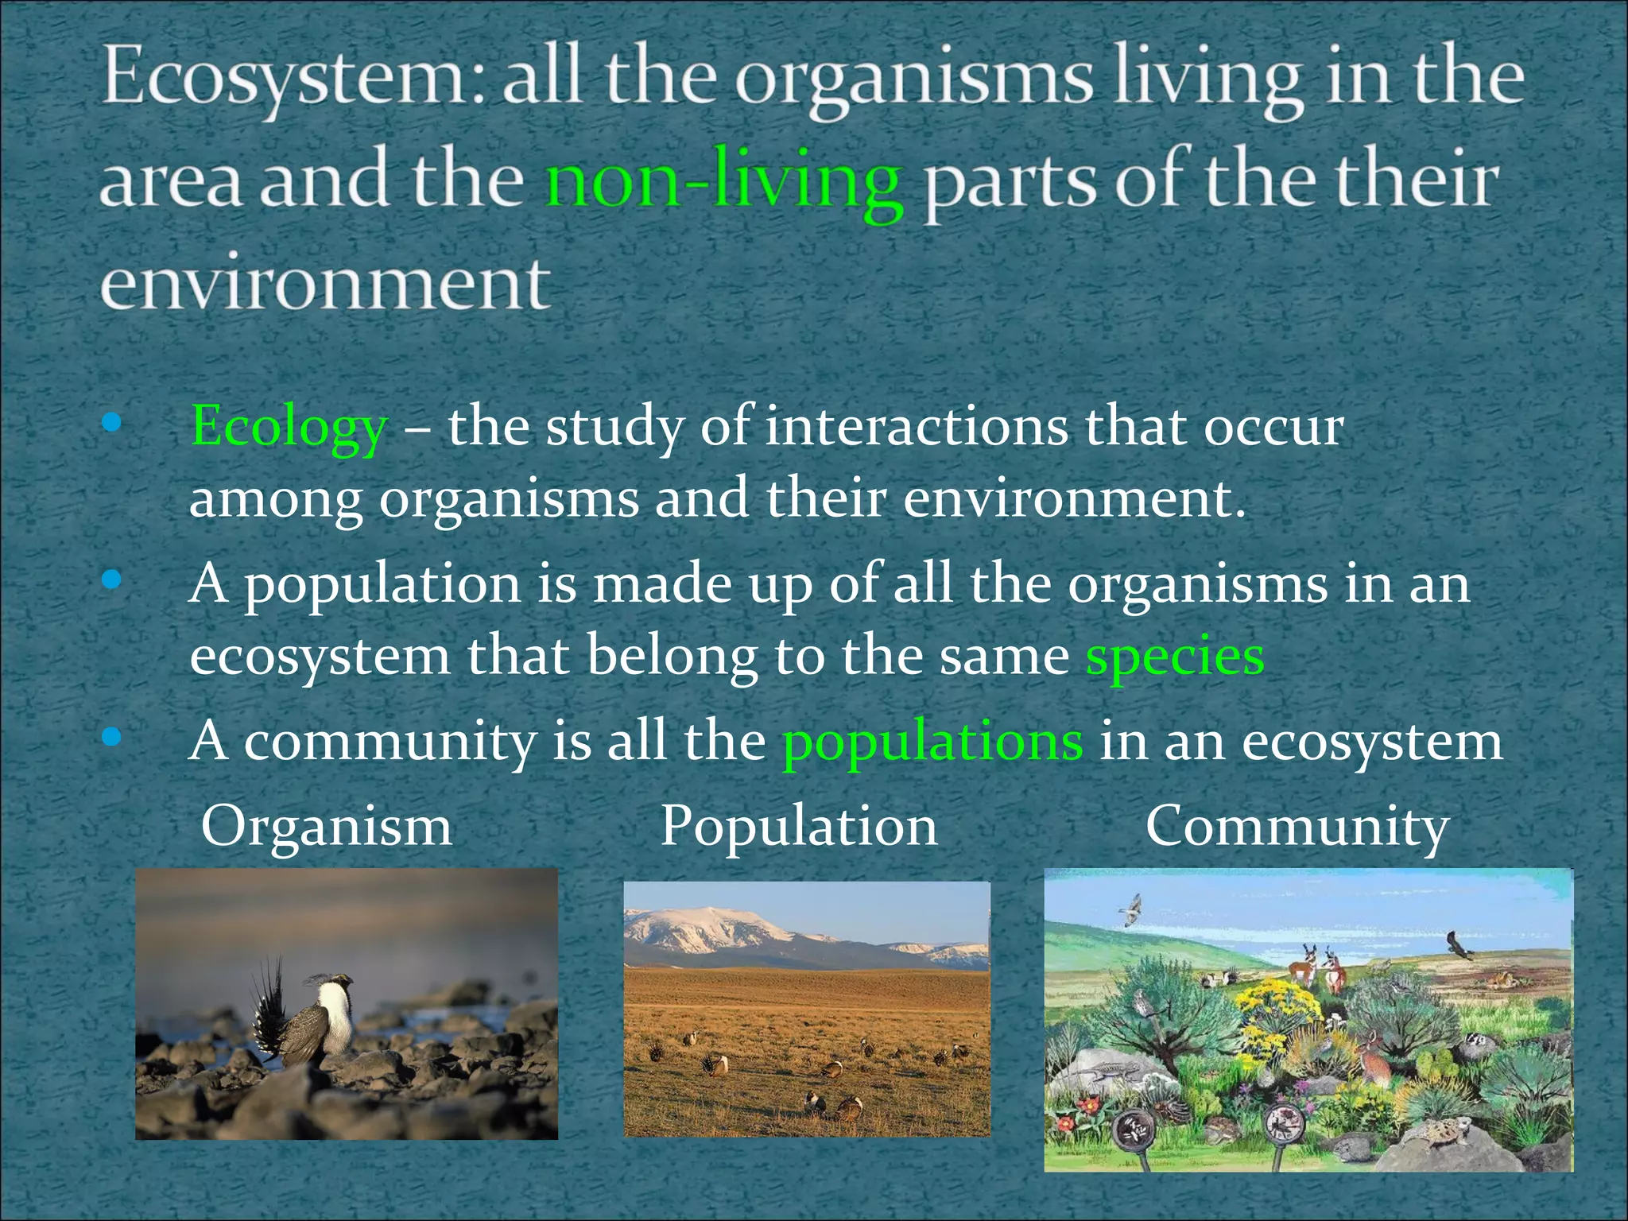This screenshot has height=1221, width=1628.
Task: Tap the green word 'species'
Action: pos(1175,657)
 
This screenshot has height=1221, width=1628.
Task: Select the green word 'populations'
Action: pos(932,741)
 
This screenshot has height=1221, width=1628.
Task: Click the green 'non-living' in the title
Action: pos(723,183)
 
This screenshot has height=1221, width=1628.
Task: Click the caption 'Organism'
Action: pos(327,827)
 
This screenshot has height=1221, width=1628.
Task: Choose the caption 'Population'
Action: pos(799,827)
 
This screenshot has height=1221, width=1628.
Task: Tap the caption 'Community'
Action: pos(1297,827)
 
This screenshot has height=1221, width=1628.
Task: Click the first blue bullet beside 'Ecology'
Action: pos(112,423)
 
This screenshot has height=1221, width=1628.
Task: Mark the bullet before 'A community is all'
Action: pos(112,738)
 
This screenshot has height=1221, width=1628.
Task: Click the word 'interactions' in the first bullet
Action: pos(916,428)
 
